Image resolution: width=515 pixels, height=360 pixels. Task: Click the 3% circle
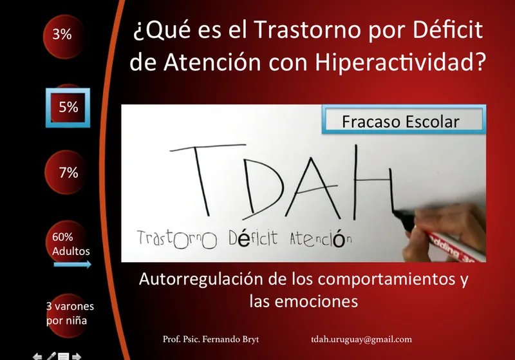coord(62,36)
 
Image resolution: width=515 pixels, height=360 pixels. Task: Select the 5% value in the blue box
coord(68,107)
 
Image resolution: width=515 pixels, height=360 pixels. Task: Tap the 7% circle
coord(66,172)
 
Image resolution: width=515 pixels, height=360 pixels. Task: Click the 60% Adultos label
coord(71,244)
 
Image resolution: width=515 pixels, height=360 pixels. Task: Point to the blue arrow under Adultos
coord(73,265)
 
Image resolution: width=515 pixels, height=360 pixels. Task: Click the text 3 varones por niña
coord(70,314)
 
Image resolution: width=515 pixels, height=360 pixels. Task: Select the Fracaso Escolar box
coord(404,119)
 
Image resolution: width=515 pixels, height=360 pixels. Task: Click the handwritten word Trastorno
coord(176,239)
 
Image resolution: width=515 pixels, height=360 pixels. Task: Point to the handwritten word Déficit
coord(253,238)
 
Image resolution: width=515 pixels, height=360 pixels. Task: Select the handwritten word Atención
coord(321,238)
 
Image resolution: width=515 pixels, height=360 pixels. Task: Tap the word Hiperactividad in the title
coord(400,62)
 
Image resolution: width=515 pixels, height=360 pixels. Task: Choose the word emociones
coord(316,301)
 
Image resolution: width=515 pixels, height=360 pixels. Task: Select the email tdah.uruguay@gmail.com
coord(361,339)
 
